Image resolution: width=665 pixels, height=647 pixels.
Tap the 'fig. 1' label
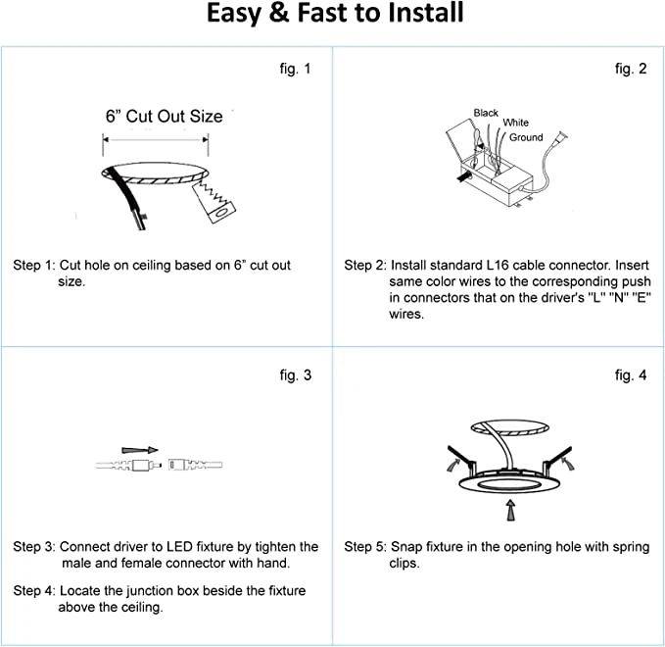click(x=295, y=69)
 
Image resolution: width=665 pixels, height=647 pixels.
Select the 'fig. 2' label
click(x=631, y=69)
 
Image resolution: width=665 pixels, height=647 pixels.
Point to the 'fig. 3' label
click(x=295, y=374)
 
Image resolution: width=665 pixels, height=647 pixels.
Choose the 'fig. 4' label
click(x=631, y=374)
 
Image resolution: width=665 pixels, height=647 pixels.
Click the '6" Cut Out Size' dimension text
click(x=164, y=116)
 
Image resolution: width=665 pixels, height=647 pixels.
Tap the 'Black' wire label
click(x=486, y=113)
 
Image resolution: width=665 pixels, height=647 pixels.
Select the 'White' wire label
click(x=515, y=124)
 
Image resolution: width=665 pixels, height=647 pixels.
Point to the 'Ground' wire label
click(x=526, y=137)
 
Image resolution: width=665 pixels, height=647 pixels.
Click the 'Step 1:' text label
click(x=34, y=266)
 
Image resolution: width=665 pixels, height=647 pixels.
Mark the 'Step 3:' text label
click(x=34, y=546)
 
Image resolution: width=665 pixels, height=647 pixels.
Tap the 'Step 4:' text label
click(x=34, y=591)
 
